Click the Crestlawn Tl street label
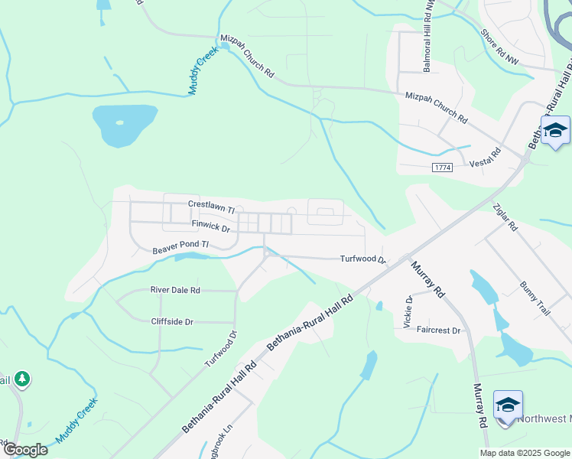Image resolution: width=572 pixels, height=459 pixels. (x=211, y=205)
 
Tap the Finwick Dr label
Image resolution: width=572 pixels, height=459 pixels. (x=211, y=227)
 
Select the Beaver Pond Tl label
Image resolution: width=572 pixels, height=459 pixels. (x=180, y=247)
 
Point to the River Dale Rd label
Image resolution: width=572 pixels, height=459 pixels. (x=175, y=291)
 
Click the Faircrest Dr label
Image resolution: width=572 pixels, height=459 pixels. (x=440, y=330)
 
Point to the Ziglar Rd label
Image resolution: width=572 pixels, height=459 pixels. (x=506, y=217)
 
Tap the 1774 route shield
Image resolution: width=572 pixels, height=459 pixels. (x=442, y=168)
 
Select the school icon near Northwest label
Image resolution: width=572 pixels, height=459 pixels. (x=508, y=404)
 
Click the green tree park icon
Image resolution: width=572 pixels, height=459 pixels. (x=22, y=378)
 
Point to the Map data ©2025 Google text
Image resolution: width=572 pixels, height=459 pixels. (x=525, y=453)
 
